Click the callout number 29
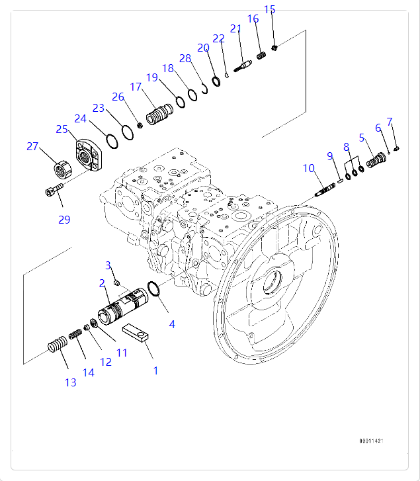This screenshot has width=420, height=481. coord(64,220)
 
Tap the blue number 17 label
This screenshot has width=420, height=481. coord(136,87)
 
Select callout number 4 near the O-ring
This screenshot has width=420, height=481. coord(172,324)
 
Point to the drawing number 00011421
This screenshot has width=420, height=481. coord(371,441)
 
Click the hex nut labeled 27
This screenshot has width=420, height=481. coord(63,169)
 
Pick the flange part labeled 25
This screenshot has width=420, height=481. coord(89,155)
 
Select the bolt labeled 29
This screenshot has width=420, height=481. coord(54,189)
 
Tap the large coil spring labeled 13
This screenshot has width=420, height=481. coord(58,344)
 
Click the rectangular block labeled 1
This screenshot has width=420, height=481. coord(135,333)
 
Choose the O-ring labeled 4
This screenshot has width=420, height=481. coord(154,289)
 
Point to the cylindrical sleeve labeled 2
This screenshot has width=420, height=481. coord(122,306)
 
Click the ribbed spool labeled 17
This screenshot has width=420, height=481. coord(159,114)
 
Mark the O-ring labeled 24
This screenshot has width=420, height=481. coord(112,142)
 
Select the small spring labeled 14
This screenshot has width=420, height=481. coord(75,333)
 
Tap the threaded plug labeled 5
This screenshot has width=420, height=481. coord(376,160)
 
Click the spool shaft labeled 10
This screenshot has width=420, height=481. coord(325,189)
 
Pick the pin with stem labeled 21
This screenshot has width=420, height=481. coord(243,66)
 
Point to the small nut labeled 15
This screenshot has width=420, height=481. coord(274,48)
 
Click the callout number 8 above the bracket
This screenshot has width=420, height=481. coord(346,148)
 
